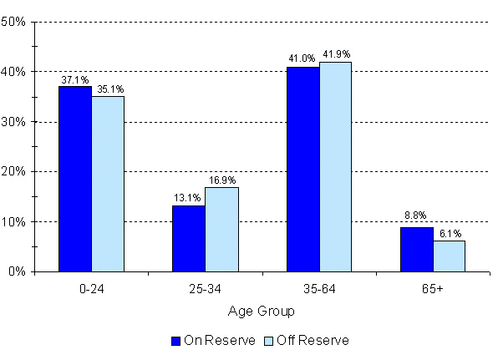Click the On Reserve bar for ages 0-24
pyautogui.click(x=75, y=179)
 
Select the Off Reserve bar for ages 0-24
pyautogui.click(x=108, y=184)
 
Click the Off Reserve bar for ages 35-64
pyautogui.click(x=335, y=166)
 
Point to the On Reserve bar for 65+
pyautogui.click(x=416, y=249)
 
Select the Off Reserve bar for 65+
pyautogui.click(x=449, y=256)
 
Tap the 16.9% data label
pyautogui.click(x=221, y=180)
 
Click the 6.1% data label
pyautogui.click(x=450, y=233)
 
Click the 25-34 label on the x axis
pyautogui.click(x=206, y=289)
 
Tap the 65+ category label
pyautogui.click(x=433, y=289)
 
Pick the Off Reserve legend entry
pyautogui.click(x=307, y=341)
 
